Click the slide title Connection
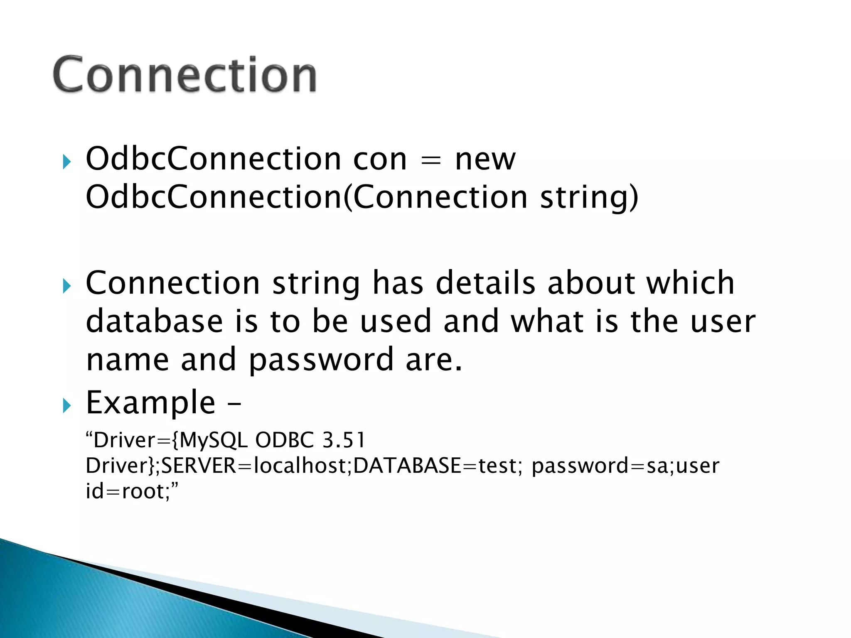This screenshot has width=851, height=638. coord(184,75)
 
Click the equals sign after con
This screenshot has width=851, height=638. coord(430,160)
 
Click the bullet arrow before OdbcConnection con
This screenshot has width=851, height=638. coord(66,162)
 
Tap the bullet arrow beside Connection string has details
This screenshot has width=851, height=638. coord(66,286)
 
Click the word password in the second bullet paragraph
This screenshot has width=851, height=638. coord(321,360)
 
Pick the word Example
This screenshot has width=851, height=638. coord(150,403)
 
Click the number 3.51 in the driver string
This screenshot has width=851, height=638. coord(344,440)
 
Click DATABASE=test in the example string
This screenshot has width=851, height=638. coord(436,466)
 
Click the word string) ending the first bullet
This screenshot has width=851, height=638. coord(588,197)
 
